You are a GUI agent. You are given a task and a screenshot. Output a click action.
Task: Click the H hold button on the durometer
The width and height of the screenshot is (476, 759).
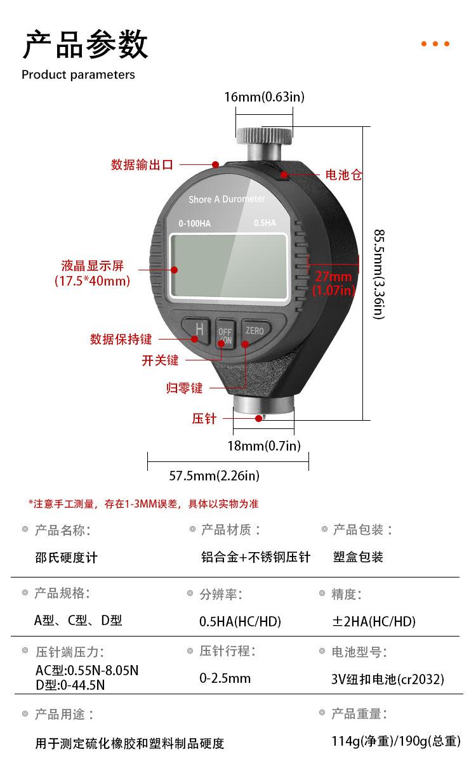click(199, 329)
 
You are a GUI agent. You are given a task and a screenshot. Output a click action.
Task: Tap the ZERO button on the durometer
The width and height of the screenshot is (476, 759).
click(255, 331)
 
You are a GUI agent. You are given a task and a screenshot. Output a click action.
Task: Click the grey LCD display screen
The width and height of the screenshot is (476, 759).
click(231, 265)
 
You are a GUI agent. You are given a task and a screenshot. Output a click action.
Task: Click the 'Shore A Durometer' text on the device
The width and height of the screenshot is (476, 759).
click(227, 199)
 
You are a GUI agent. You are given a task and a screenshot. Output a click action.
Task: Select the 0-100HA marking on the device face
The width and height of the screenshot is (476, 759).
click(194, 223)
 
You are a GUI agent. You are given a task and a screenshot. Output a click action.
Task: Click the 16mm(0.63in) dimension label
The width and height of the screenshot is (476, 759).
click(264, 97)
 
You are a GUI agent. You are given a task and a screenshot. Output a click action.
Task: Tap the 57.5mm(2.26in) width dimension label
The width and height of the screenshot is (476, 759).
click(214, 475)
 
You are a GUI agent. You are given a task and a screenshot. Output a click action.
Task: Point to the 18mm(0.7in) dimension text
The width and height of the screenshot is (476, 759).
click(264, 445)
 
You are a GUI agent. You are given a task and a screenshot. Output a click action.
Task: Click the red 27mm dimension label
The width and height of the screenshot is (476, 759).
click(333, 277)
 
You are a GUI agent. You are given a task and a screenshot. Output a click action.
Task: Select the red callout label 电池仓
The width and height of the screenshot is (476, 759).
click(343, 175)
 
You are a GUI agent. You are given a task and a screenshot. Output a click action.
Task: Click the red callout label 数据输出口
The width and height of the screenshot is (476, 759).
click(142, 165)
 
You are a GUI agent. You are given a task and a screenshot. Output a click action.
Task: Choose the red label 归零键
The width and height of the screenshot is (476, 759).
click(184, 388)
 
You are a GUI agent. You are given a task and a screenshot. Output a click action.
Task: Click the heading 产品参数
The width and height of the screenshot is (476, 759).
click(85, 44)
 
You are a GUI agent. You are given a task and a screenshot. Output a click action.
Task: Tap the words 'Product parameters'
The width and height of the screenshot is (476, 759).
click(78, 75)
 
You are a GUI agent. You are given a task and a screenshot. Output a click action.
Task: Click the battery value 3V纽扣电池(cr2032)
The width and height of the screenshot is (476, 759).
click(387, 679)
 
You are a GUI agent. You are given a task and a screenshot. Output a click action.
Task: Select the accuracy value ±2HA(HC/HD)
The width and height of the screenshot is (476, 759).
click(374, 621)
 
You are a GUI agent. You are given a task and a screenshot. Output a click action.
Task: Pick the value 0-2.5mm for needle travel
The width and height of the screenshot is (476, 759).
click(225, 678)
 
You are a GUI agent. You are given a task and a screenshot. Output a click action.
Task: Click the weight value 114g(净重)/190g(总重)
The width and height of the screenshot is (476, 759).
click(395, 741)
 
